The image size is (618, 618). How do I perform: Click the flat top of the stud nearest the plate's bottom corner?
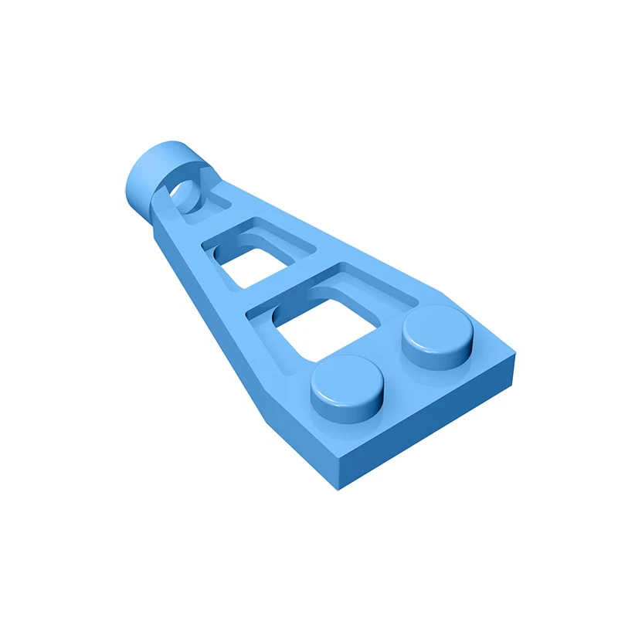click(x=348, y=379)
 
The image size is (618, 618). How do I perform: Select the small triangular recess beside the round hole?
click(x=217, y=202)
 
